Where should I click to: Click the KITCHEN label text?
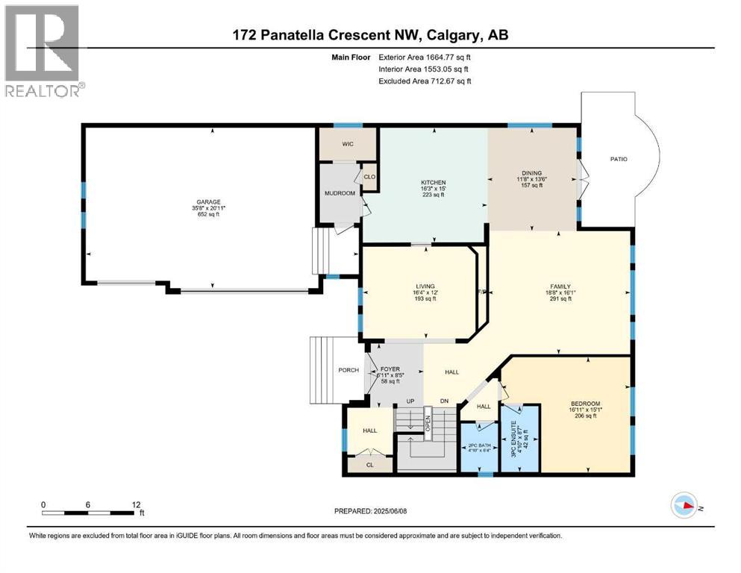coord(433,182)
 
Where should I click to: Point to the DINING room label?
coord(532,172)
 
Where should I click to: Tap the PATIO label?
coord(619,159)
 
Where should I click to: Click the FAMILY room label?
coord(560,286)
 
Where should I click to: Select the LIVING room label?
coord(425,286)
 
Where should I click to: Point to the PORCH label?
coord(348,370)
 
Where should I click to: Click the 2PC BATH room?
coord(479,444)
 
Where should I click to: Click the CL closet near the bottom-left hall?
coord(370,464)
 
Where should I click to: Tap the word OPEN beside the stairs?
coord(428,424)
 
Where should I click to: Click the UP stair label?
coord(409,401)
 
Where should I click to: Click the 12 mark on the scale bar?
coord(135,504)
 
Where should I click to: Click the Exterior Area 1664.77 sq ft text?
coord(425,57)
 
